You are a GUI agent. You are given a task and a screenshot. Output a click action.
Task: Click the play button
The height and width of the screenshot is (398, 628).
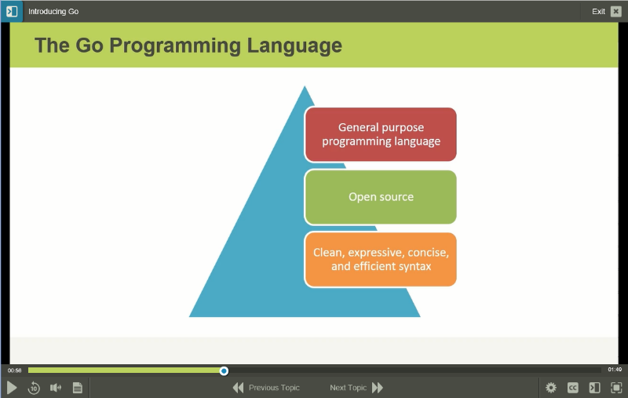pyautogui.click(x=12, y=387)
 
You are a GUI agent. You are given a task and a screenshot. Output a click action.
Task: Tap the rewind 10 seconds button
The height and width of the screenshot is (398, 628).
pyautogui.click(x=34, y=387)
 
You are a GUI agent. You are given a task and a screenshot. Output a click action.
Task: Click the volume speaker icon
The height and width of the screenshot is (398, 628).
pyautogui.click(x=56, y=387)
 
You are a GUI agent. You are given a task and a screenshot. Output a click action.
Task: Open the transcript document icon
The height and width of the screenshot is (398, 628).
pyautogui.click(x=78, y=387)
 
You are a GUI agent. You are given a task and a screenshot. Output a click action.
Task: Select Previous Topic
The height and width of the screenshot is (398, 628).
pyautogui.click(x=266, y=387)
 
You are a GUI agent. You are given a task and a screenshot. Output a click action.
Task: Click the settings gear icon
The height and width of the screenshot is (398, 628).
pyautogui.click(x=551, y=387)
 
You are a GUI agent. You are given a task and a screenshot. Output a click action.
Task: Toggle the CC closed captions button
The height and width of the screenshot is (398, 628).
pyautogui.click(x=573, y=387)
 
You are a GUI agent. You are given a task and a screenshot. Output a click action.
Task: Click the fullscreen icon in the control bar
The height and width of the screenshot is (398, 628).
pyautogui.click(x=616, y=387)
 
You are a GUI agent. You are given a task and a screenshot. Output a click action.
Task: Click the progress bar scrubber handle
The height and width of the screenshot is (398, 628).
pyautogui.click(x=224, y=370)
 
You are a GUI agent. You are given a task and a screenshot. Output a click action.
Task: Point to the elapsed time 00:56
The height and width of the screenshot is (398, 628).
pyautogui.click(x=15, y=370)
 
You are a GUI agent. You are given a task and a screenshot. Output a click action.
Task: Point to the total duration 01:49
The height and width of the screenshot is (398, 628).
pyautogui.click(x=614, y=370)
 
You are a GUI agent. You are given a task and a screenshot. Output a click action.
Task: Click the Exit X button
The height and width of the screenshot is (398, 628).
pyautogui.click(x=615, y=11)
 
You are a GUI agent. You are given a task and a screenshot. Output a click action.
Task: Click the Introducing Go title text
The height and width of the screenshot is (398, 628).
pyautogui.click(x=53, y=12)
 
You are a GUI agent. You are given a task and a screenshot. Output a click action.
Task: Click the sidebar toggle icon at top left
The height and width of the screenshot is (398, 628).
pyautogui.click(x=12, y=11)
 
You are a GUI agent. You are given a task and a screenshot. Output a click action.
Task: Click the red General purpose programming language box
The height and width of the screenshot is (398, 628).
pyautogui.click(x=381, y=134)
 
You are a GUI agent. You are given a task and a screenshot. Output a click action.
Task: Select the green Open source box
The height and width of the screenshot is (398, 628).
pyautogui.click(x=381, y=197)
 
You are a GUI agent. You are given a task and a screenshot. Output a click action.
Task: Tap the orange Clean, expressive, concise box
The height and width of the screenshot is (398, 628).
pyautogui.click(x=381, y=259)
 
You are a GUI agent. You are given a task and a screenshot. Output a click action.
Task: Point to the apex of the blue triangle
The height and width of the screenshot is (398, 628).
pyautogui.click(x=305, y=87)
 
